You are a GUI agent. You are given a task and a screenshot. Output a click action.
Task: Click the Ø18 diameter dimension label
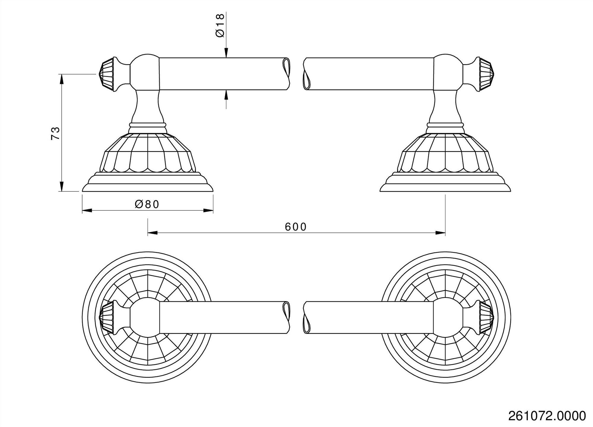coord(220,26)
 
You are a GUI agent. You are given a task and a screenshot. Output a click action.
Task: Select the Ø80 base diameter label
coord(147,204)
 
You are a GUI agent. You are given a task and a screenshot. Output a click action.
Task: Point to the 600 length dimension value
coord(296,227)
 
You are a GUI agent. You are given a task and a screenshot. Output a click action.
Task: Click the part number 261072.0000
coord(547,416)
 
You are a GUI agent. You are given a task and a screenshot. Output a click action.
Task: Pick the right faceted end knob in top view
coord(486,317)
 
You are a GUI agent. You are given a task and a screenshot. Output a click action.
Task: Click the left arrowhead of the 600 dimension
coord(152,233)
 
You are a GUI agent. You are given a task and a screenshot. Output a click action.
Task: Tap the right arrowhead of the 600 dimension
coord(441,233)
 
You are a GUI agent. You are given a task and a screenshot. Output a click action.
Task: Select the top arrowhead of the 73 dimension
coord(61,79)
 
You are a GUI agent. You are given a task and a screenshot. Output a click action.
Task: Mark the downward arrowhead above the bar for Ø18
coord(226,53)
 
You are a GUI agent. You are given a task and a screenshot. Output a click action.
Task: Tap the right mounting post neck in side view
coord(445,107)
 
